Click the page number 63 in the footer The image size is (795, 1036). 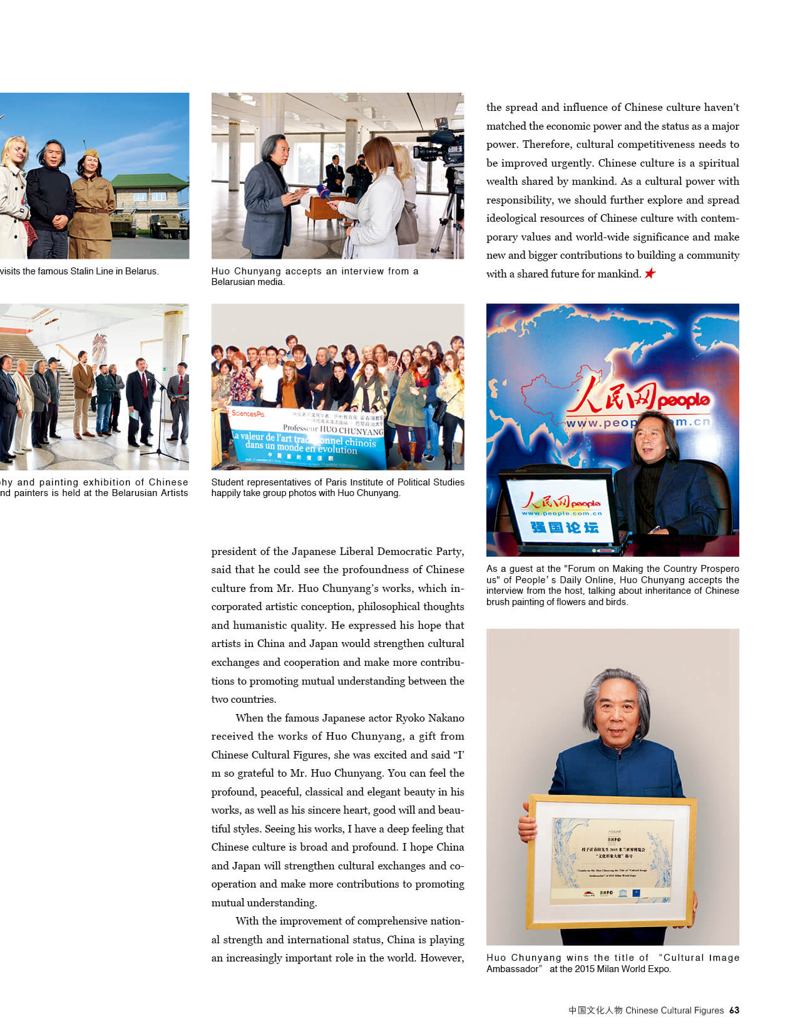(x=734, y=1010)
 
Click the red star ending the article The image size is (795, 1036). (x=650, y=273)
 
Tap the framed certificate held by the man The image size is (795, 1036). (x=611, y=862)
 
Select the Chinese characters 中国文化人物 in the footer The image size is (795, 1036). (x=595, y=1010)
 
